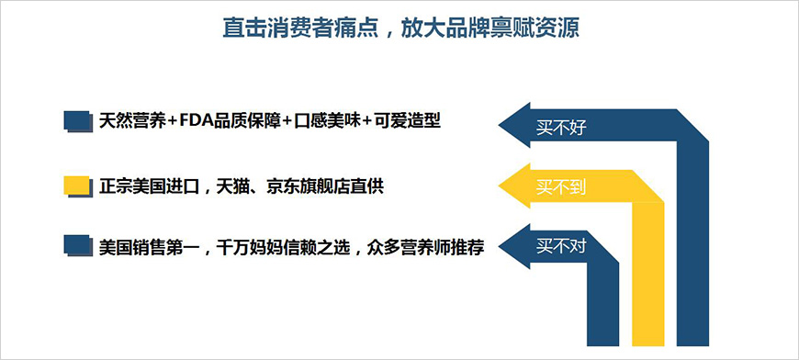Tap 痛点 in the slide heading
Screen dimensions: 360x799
354,28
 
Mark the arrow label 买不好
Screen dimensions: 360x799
560,128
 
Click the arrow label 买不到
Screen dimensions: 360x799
560,188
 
